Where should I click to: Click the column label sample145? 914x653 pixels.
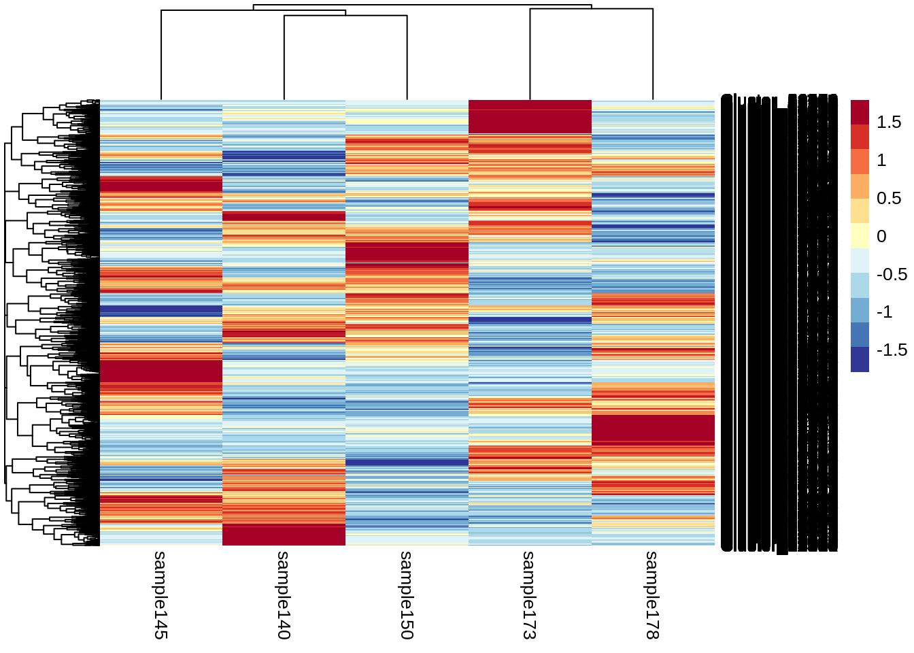coord(160,595)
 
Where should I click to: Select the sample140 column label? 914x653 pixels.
coord(284,595)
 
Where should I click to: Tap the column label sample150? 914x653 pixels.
coord(407,595)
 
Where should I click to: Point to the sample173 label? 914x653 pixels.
coord(530,595)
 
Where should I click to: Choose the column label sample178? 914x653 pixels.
coord(653,595)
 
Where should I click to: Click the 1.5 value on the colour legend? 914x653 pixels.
coord(888,122)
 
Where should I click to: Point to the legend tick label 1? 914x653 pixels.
coord(881,161)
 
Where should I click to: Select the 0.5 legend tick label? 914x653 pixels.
coord(888,199)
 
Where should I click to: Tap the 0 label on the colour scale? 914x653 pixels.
coord(881,237)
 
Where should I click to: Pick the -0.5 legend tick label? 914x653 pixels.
coord(892,275)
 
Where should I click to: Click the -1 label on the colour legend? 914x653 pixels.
coord(884,312)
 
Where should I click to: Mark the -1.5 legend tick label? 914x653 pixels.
coord(892,350)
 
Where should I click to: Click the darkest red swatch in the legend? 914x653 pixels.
coord(860,112)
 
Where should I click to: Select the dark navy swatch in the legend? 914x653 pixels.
coord(860,360)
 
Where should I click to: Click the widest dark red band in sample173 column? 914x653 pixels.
coord(530,117)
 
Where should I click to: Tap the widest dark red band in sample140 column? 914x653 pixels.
coord(284,535)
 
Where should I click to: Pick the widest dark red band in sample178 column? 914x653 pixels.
coord(653,429)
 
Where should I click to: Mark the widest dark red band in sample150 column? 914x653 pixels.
coord(407,252)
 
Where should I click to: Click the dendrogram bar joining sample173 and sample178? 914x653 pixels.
coord(591,9)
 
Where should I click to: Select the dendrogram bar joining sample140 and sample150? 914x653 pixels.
coord(345,16)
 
